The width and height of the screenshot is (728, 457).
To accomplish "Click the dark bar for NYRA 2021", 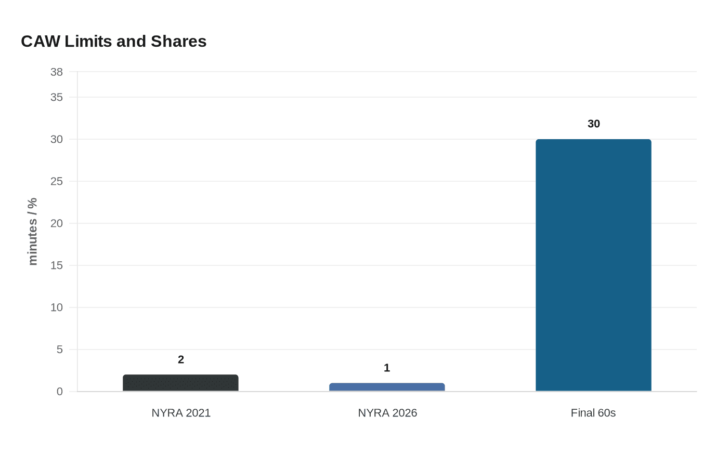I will point(180,383).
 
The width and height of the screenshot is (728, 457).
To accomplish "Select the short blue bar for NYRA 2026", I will point(387,387).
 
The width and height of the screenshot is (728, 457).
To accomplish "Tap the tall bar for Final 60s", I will point(593,265).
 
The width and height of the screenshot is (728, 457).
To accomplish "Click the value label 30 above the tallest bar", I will point(593,124).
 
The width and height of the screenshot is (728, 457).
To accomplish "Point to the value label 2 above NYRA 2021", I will point(180,359).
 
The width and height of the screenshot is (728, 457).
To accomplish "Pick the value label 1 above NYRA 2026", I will point(387,368).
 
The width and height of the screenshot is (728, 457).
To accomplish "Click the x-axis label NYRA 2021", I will point(181,413).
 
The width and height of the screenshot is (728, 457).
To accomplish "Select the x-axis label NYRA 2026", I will point(387,413).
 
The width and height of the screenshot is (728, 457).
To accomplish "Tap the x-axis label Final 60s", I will point(593,413).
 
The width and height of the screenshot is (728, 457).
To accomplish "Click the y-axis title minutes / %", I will point(32,232).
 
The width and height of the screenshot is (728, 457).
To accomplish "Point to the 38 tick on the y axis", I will point(56,72).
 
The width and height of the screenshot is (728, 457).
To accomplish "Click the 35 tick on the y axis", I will point(56,97).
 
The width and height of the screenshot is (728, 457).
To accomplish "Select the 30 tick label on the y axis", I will point(56,139).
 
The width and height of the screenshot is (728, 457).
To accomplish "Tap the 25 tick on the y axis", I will point(56,181).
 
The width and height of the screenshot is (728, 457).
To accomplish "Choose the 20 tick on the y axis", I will point(56,223).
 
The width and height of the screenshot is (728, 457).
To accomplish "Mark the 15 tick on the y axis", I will point(56,265).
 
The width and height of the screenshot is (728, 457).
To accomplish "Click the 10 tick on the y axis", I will point(56,307).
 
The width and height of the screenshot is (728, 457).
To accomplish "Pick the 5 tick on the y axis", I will point(59,350).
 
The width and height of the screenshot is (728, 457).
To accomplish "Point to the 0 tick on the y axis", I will point(59,392).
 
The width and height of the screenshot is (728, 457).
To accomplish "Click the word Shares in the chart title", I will point(178,41).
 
